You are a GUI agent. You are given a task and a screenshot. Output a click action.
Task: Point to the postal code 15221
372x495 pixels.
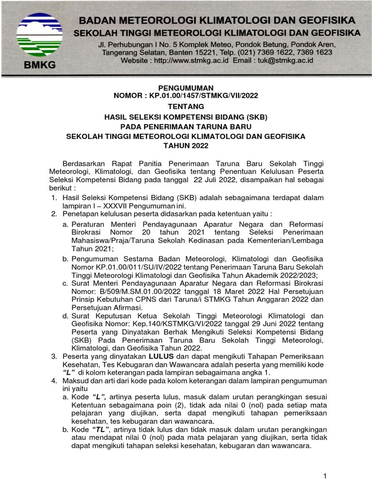(x=186, y=52)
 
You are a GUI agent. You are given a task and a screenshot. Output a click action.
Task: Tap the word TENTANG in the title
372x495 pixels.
(x=186, y=106)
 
